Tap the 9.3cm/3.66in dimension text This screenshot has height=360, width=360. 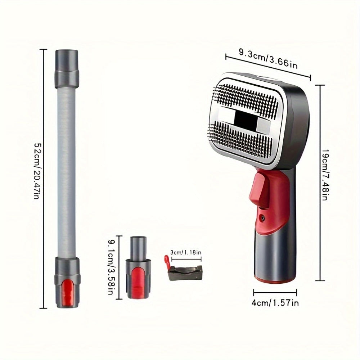pos(269,59)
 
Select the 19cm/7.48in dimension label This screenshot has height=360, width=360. pos(326,175)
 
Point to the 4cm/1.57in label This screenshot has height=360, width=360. pos(275,303)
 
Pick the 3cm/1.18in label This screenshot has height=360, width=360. pos(186,253)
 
